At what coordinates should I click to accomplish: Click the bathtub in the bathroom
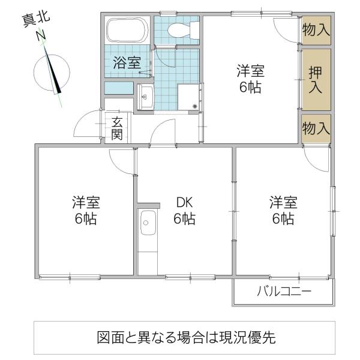tap(127, 30)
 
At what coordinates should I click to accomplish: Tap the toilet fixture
tap(183, 30)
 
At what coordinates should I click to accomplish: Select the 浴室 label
tap(127, 62)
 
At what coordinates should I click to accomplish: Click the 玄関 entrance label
tap(117, 128)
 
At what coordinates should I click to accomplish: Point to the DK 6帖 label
tap(184, 211)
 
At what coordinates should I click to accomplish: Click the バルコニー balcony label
tap(284, 292)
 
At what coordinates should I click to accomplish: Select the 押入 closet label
tap(316, 79)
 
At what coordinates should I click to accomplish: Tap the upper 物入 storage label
tap(316, 30)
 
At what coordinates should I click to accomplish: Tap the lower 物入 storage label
tap(316, 128)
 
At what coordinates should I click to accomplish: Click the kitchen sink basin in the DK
tap(148, 223)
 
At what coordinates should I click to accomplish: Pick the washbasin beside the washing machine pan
tap(145, 97)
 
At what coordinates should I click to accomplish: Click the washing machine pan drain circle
tap(195, 106)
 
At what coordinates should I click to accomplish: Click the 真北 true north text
tap(36, 20)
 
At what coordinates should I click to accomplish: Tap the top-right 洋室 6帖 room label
tap(250, 79)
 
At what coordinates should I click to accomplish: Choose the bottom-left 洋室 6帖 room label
tap(86, 211)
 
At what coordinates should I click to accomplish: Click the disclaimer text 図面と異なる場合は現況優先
tap(186, 337)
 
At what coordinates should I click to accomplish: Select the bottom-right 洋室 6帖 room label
tap(283, 211)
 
